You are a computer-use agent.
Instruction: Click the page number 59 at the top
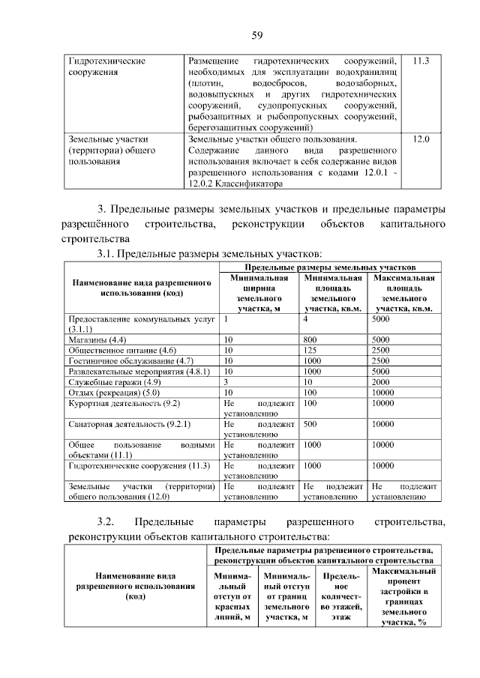256,34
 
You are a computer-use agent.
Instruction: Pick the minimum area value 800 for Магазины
310,339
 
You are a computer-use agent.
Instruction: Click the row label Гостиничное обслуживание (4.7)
131,360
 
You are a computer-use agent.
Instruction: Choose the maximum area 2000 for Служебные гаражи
382,381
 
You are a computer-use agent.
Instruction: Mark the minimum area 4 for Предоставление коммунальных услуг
306,318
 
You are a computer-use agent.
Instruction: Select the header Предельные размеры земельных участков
330,267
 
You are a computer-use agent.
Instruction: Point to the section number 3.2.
104,521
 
